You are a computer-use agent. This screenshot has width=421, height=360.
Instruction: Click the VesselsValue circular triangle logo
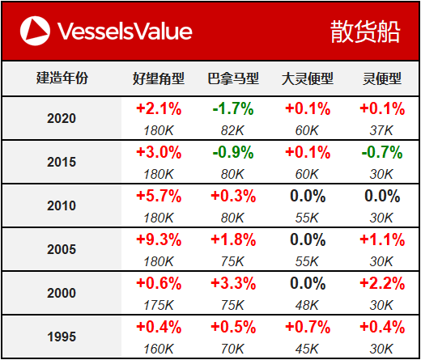35,31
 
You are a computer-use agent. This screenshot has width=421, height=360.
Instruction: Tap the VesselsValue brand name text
125,31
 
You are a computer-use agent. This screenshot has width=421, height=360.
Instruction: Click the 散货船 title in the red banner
365,32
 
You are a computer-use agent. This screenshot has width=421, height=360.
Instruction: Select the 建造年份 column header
62,78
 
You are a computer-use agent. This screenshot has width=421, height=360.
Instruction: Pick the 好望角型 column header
159,78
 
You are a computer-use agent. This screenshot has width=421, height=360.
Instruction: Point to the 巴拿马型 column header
233,78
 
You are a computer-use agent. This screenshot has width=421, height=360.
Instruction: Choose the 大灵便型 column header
308,78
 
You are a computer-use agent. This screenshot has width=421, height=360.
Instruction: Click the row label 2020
62,118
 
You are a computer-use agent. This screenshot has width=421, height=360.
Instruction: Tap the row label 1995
62,337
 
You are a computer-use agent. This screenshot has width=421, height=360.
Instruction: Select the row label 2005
62,249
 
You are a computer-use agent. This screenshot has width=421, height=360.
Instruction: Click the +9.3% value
159,239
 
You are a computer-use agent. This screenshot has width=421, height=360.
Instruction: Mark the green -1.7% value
233,108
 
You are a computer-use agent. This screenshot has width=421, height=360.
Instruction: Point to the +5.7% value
159,196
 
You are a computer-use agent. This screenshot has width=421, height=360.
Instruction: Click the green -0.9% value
233,152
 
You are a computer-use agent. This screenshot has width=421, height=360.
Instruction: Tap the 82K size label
232,130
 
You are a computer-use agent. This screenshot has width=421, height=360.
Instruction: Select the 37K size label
381,130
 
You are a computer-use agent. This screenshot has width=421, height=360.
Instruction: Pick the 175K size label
159,305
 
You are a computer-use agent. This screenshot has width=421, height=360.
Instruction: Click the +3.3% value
233,283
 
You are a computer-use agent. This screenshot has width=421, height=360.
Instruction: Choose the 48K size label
307,305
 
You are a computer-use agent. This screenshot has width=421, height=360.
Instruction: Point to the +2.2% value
382,283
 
